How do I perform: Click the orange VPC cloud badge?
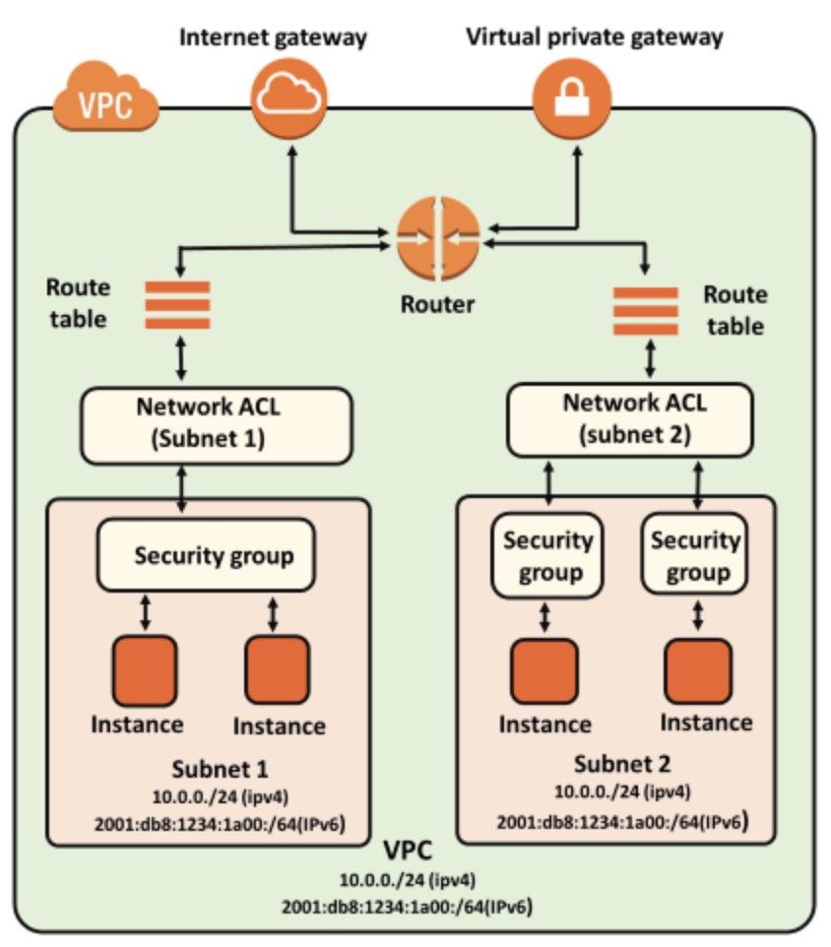pos(107,101)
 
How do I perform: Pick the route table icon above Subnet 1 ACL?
pos(178,305)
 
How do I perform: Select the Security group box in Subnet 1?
pos(213,555)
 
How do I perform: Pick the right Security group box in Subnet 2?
pos(696,554)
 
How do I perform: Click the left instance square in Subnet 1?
pos(146,669)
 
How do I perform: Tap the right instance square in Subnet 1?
pos(277,669)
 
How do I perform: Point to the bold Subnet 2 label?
pos(622,762)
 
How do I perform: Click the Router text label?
pos(437,303)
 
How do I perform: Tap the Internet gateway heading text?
pos(273,38)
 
